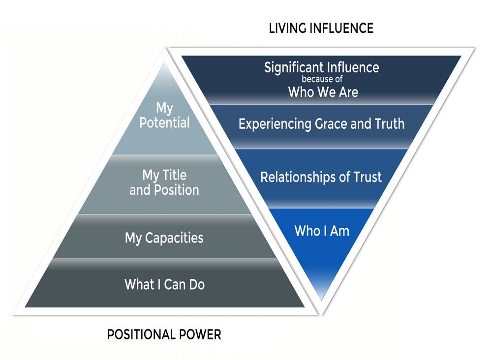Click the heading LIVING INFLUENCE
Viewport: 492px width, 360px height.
tap(321, 28)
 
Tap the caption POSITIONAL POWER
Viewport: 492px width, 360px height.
tap(164, 335)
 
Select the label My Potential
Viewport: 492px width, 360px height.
tap(164, 116)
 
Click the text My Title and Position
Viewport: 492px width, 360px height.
tap(164, 182)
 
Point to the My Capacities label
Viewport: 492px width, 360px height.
tap(164, 239)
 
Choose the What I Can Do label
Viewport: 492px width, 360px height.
tap(164, 284)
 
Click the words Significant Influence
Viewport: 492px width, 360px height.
tap(321, 67)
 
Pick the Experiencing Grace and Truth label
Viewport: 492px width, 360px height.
tap(321, 124)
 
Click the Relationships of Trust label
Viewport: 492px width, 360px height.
tap(321, 177)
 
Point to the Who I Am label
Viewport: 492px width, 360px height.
tap(322, 230)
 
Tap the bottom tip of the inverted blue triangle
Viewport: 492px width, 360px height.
tap(322, 299)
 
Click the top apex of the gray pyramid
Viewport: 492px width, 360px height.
tap(165, 64)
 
